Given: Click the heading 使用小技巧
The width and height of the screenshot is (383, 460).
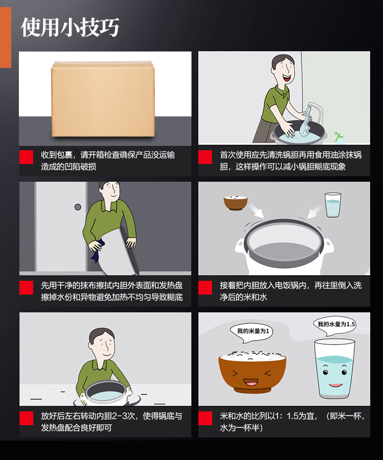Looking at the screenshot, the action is pos(70,27).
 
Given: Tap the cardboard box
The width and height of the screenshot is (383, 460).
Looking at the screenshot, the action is pos(103,99).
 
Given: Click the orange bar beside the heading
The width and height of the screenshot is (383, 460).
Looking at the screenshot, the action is pos(6,37).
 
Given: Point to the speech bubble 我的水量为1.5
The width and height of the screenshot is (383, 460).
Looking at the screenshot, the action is pos(336,326).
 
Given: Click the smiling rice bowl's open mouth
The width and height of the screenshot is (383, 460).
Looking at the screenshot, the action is pos(251,382).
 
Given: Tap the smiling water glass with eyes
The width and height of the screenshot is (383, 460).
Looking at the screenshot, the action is pos(334,369).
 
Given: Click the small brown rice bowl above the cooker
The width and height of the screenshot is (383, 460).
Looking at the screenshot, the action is pos(235,202).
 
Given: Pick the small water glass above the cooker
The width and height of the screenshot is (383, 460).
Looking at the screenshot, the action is pos(333,205).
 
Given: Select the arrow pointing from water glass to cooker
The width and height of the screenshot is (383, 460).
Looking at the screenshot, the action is pos(314,211).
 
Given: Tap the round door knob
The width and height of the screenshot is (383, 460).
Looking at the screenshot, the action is pos(78,207).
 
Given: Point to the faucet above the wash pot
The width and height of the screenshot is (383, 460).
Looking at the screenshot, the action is pos(315,112).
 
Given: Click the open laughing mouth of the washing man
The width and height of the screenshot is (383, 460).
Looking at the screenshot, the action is pos(286,78).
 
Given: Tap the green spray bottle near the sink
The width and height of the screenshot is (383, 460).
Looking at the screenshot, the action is pos(339,138).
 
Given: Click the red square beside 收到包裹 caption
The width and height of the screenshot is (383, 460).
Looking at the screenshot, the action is pos(27,157).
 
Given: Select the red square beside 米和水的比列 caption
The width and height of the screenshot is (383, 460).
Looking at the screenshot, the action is pos(205,418).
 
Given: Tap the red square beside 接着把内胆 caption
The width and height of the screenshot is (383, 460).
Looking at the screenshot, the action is pos(205,287).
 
